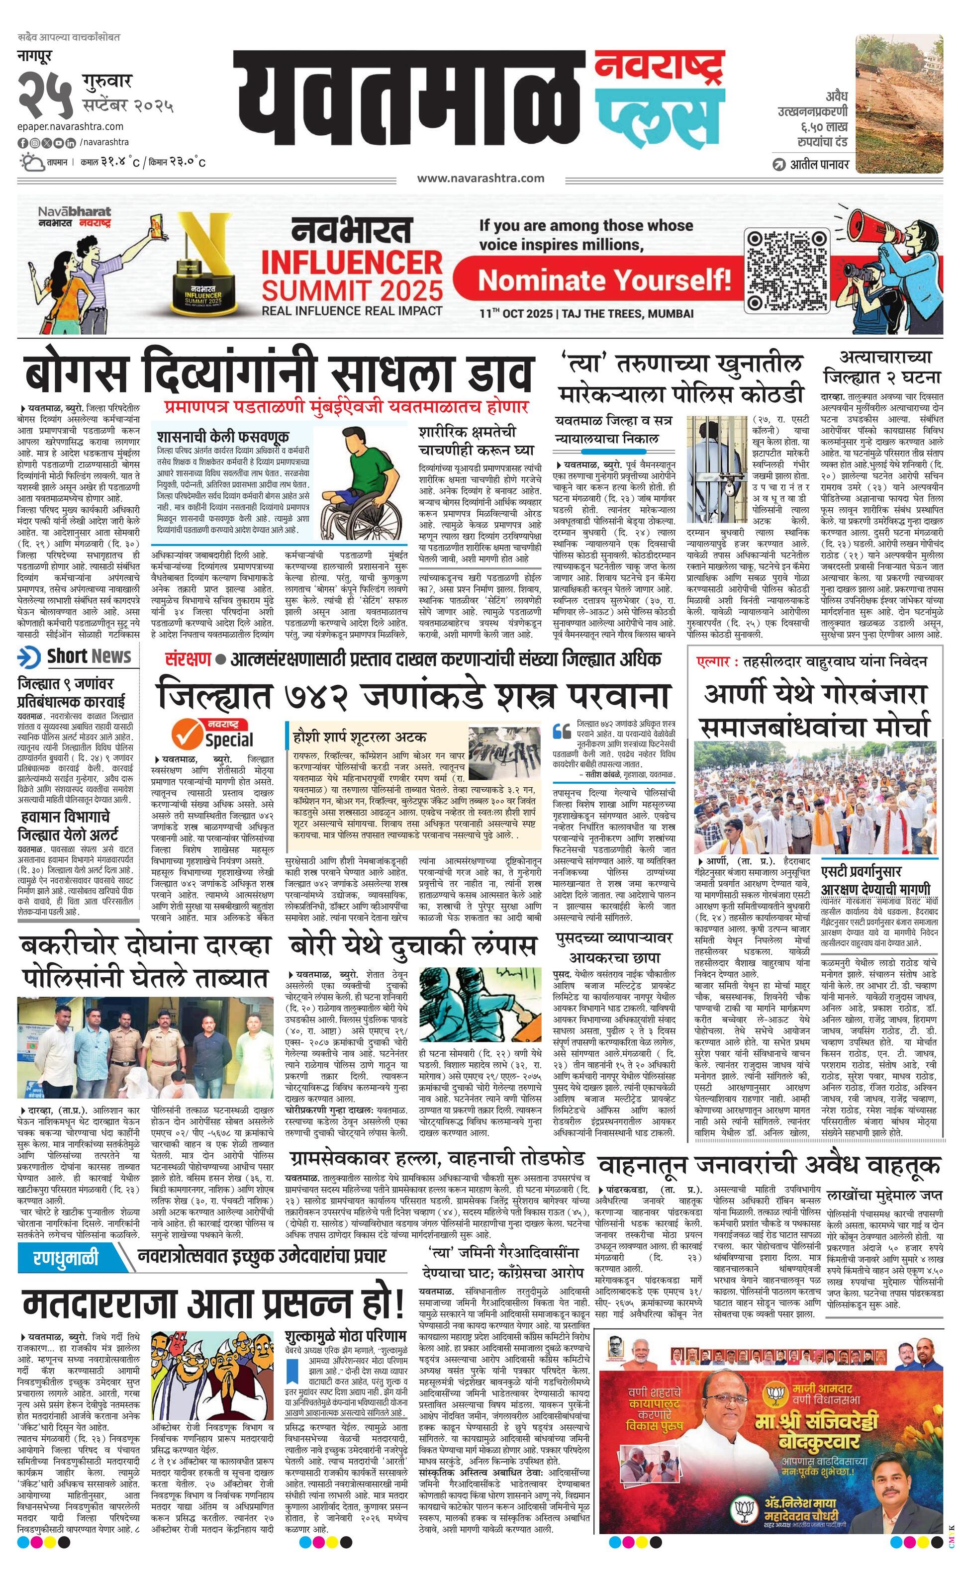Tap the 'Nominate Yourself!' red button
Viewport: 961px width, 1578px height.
click(x=604, y=280)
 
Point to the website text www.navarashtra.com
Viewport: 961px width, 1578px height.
click(x=480, y=178)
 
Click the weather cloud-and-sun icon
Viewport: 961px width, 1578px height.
click(x=31, y=162)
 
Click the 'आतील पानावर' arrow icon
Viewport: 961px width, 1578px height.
click(x=779, y=165)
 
